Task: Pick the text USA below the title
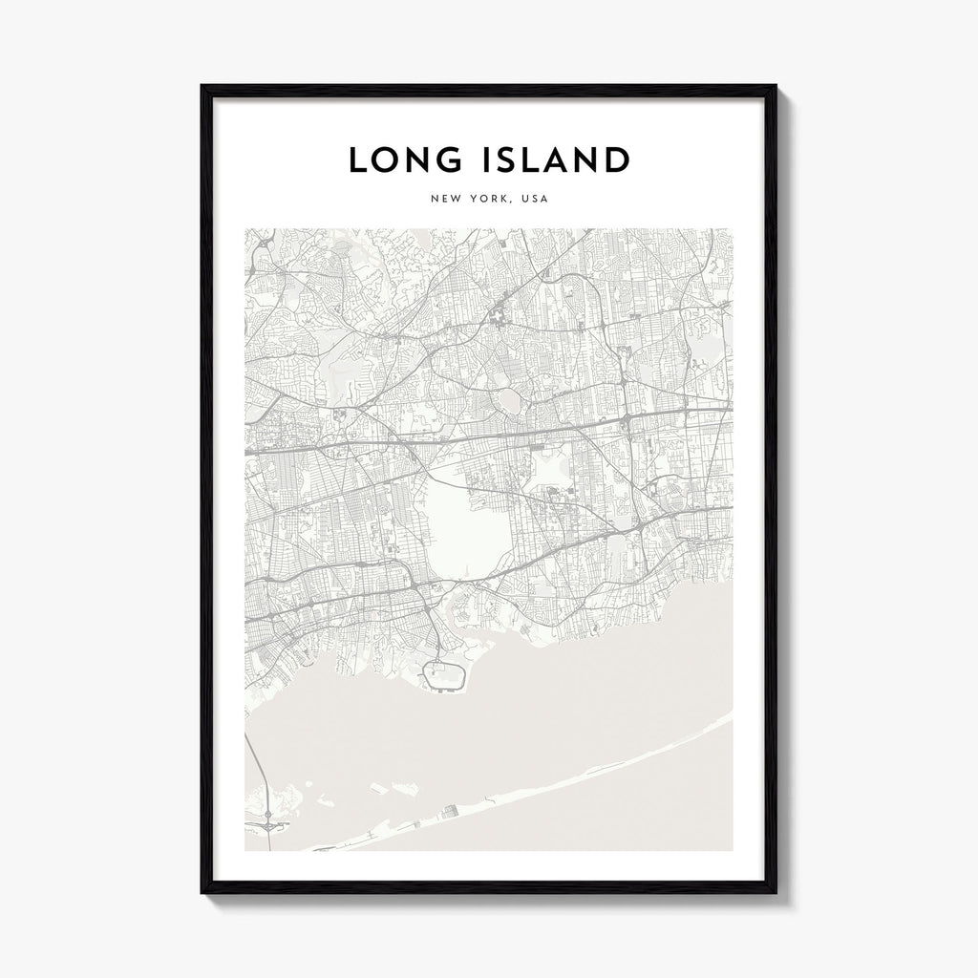pos(534,200)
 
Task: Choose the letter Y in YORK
pos(474,200)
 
